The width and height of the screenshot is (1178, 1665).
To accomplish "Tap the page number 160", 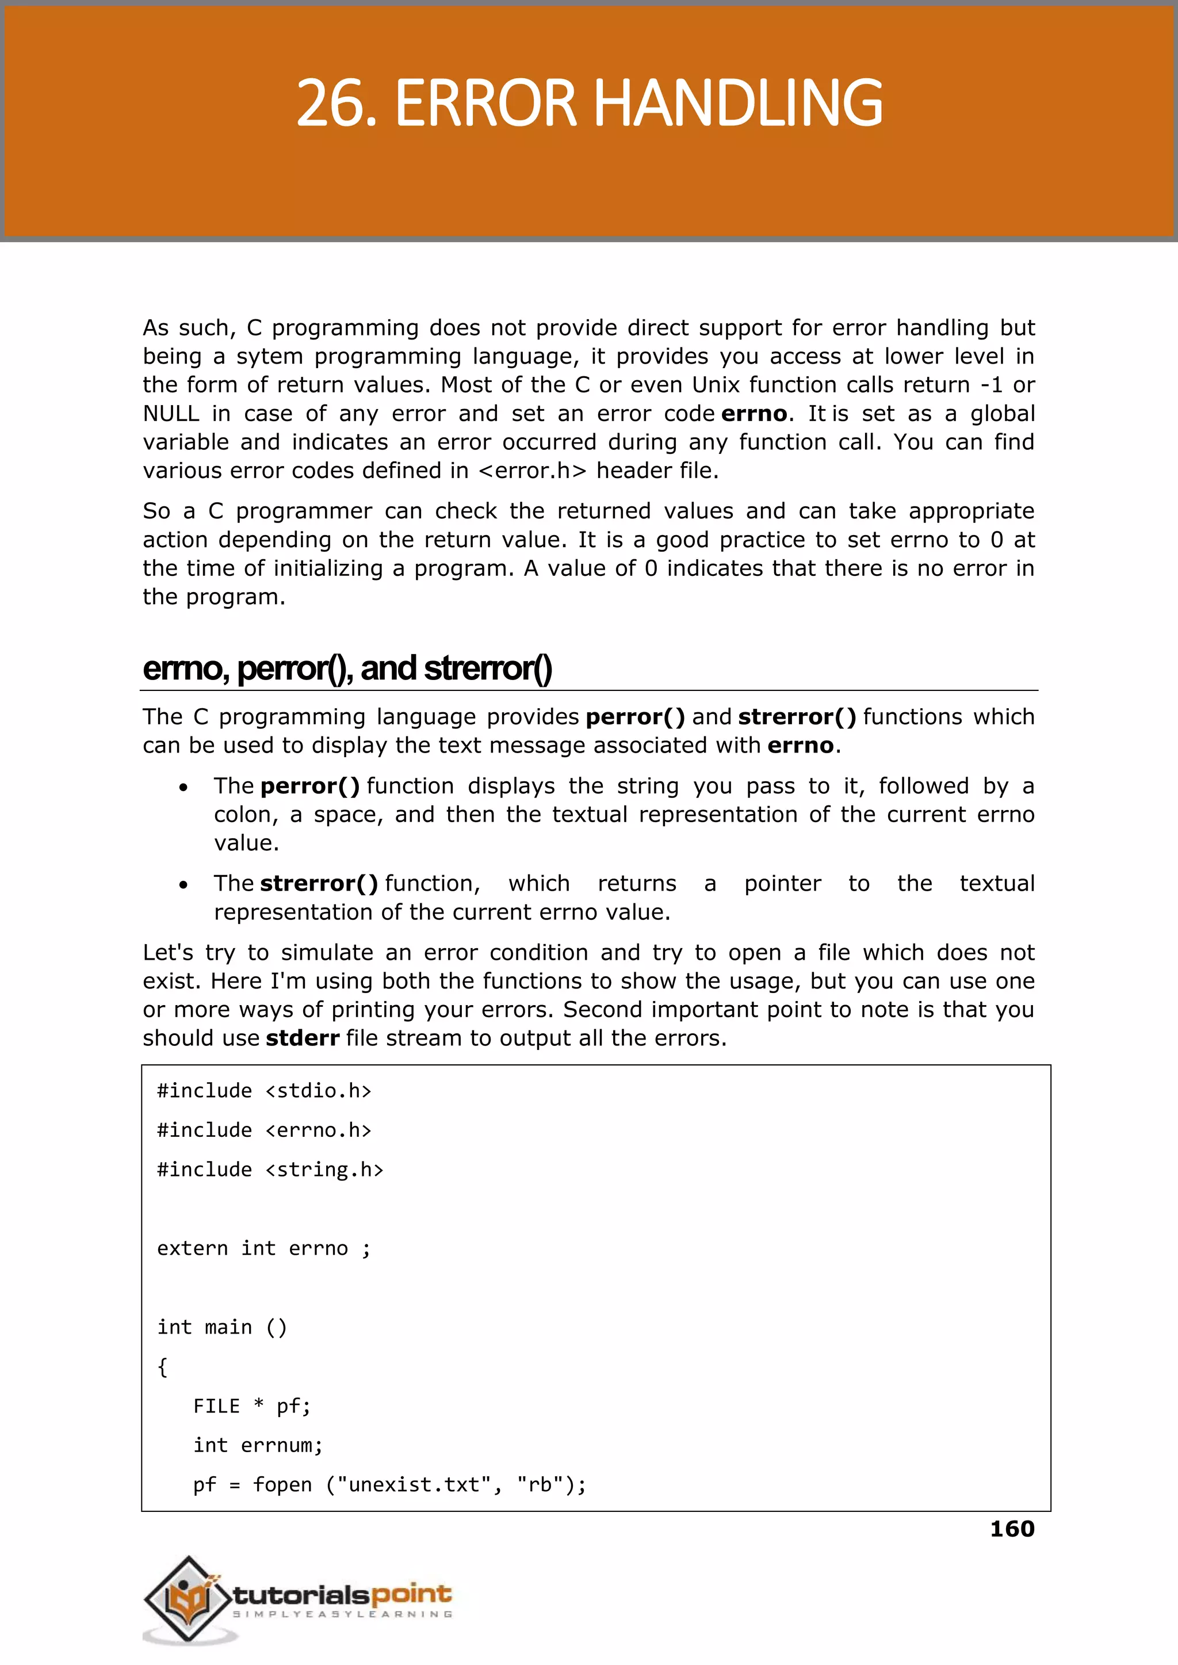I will (1012, 1529).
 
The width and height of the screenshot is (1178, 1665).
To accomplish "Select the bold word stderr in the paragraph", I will (303, 1038).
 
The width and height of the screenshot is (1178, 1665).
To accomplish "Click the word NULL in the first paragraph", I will (170, 414).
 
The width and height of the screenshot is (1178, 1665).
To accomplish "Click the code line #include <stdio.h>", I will (264, 1091).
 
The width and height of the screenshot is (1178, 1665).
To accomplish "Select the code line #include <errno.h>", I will (264, 1131).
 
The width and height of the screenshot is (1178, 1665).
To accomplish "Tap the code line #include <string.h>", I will (270, 1170).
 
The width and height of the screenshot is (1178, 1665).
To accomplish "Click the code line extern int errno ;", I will (264, 1248).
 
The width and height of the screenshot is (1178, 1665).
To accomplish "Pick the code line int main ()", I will (222, 1328).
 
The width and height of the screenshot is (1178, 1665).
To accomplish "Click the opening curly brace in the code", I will (162, 1367).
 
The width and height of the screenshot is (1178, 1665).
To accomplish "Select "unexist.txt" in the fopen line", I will (414, 1485).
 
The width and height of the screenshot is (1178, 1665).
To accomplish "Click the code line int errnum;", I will (258, 1445).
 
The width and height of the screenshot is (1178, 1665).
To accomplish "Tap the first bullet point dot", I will (183, 787).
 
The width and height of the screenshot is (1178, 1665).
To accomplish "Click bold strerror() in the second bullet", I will (319, 884).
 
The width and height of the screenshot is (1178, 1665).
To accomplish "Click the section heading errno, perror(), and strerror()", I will (347, 668).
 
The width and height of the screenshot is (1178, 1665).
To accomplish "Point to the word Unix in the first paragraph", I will (715, 384).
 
